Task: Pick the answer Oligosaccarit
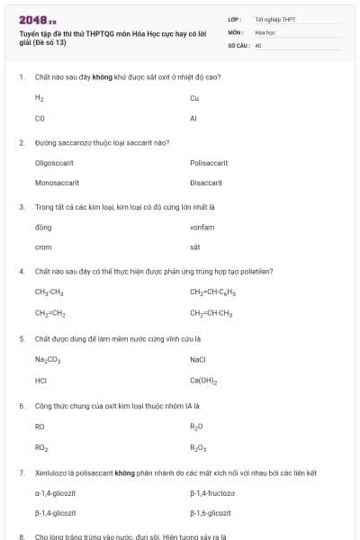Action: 54,163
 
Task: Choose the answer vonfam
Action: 202,227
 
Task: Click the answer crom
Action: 43,247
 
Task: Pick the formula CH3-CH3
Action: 49,292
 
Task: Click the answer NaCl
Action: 199,359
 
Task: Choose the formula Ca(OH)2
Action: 203,380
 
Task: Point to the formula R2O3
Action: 197,447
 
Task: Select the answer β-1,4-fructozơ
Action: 213,493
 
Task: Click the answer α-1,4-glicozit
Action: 55,493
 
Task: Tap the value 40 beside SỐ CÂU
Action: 257,44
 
